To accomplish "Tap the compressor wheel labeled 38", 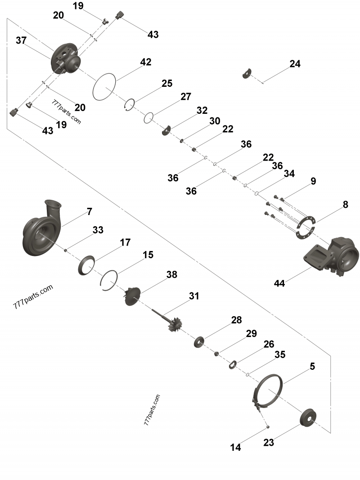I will tap(133, 296).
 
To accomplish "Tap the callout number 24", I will tap(295, 64).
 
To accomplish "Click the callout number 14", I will tap(235, 448).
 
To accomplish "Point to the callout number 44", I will tap(279, 283).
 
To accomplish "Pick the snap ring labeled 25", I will tap(129, 104).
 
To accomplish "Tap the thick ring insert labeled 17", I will tap(87, 265).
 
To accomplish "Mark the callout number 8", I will tap(345, 205).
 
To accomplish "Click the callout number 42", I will tap(145, 62).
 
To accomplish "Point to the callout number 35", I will tap(279, 354).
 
